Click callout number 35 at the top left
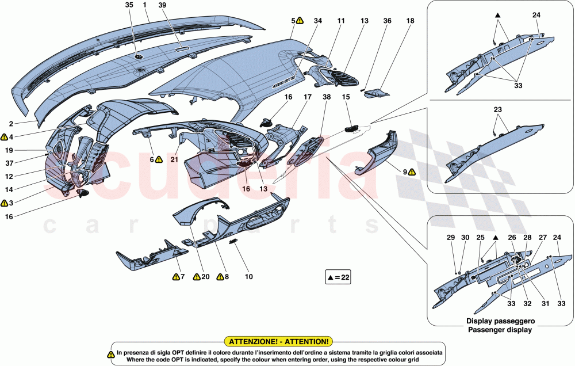[x=129, y=5]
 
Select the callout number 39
[x=162, y=5]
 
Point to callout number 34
[x=318, y=21]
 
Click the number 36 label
[x=387, y=21]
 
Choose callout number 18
[x=410, y=21]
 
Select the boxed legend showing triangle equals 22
[x=338, y=277]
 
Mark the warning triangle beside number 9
[x=412, y=172]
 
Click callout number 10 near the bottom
[x=248, y=277]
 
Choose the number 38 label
[x=326, y=98]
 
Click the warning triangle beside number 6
[x=159, y=159]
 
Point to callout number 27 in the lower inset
[x=542, y=237]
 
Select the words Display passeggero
[x=500, y=321]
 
